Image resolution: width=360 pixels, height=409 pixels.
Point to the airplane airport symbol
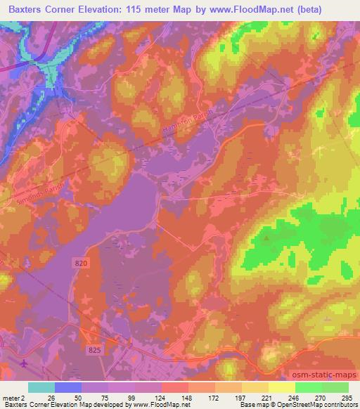click(x=25, y=363)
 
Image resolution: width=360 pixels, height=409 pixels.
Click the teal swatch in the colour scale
click(x=41, y=387)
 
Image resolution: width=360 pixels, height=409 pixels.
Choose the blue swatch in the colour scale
click(x=67, y=387)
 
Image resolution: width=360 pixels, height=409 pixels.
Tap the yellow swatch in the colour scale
click(x=281, y=387)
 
